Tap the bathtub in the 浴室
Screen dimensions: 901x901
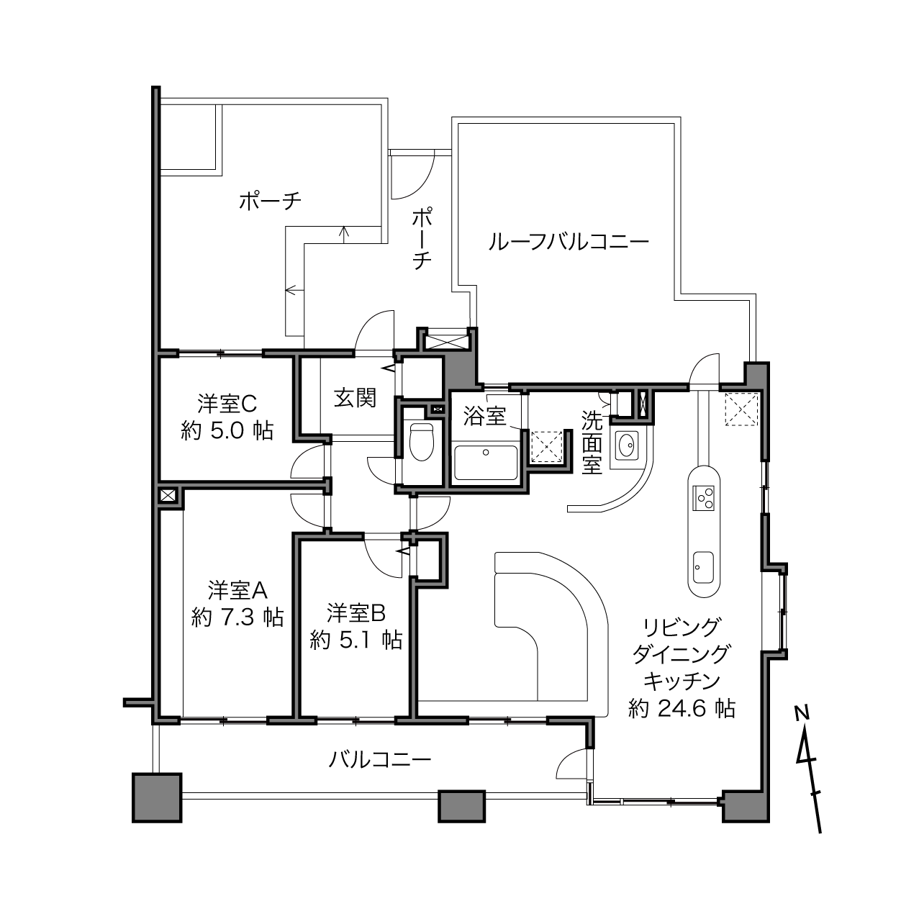pyautogui.click(x=486, y=463)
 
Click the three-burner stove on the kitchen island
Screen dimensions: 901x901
pyautogui.click(x=703, y=498)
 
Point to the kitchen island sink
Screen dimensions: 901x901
pyautogui.click(x=703, y=567)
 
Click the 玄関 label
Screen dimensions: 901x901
pyautogui.click(x=355, y=399)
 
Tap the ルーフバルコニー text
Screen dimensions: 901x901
pyautogui.click(x=569, y=243)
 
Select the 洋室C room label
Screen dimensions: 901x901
pyautogui.click(x=227, y=404)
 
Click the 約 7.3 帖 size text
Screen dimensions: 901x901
pyautogui.click(x=237, y=617)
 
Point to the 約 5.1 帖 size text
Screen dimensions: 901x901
pyautogui.click(x=356, y=640)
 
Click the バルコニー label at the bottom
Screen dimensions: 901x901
pyautogui.click(x=379, y=760)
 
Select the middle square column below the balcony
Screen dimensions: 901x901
pyautogui.click(x=461, y=806)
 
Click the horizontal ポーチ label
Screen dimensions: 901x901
pyautogui.click(x=271, y=201)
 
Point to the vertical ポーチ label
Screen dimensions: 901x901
pyautogui.click(x=421, y=240)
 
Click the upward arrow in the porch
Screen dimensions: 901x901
pyautogui.click(x=345, y=235)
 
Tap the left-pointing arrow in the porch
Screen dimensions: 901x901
pyautogui.click(x=294, y=291)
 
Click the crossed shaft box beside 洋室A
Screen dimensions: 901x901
pyautogui.click(x=168, y=494)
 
